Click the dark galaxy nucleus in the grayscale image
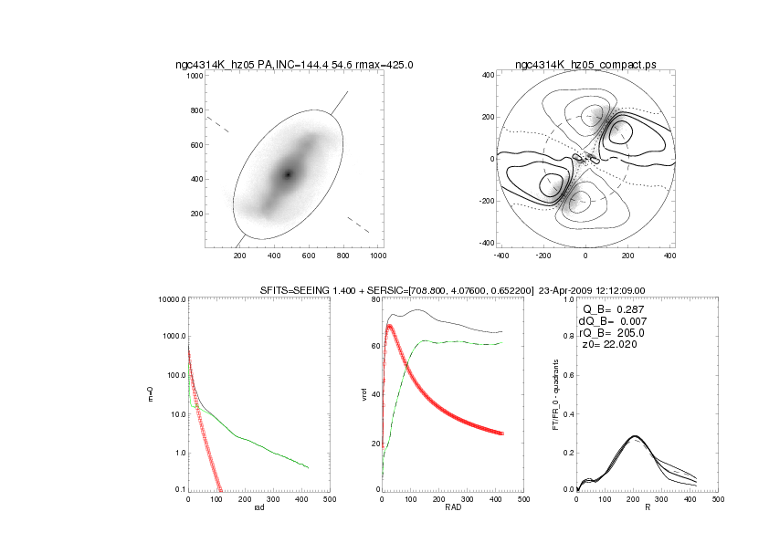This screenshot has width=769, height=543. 288,173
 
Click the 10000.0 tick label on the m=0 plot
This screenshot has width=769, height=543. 167,299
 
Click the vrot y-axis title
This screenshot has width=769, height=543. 363,393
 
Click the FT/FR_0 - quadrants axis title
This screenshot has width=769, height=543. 555,394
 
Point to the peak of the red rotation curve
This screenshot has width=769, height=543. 390,326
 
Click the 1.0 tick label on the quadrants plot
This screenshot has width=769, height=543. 568,299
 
